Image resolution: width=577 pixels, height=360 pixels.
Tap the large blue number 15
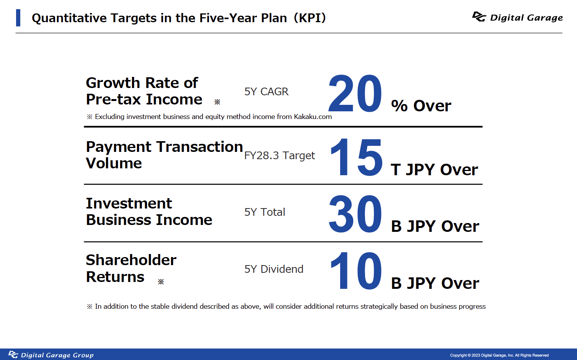pyautogui.click(x=356, y=157)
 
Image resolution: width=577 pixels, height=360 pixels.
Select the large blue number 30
pyautogui.click(x=355, y=214)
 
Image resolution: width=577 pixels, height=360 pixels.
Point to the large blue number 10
pyautogui.click(x=356, y=270)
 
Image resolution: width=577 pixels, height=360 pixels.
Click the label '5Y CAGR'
pyautogui.click(x=266, y=92)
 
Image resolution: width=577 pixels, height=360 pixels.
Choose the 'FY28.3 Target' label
pyautogui.click(x=279, y=156)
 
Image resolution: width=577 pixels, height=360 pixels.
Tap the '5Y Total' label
pyautogui.click(x=264, y=212)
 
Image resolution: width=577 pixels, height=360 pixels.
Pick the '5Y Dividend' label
pyautogui.click(x=274, y=269)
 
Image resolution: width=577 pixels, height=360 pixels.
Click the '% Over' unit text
pyautogui.click(x=421, y=106)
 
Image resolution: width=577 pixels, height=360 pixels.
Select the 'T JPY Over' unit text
pyautogui.click(x=434, y=169)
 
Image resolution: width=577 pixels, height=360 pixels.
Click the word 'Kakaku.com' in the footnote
pyautogui.click(x=313, y=117)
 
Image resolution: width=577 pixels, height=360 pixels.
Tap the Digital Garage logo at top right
pyautogui.click(x=517, y=17)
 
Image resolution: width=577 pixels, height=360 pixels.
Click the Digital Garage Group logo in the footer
pyautogui.click(x=51, y=355)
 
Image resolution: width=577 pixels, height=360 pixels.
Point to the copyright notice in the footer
pyautogui.click(x=499, y=355)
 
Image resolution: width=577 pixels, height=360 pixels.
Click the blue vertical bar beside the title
pyautogui.click(x=18, y=18)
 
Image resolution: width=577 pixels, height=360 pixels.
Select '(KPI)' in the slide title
pyautogui.click(x=310, y=18)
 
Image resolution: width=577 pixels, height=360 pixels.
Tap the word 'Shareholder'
pyautogui.click(x=131, y=260)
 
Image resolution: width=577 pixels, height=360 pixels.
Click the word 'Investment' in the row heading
pyautogui.click(x=129, y=204)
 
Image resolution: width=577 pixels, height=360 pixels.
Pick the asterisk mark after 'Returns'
pyautogui.click(x=161, y=282)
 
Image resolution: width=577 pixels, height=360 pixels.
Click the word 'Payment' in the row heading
pyautogui.click(x=119, y=147)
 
